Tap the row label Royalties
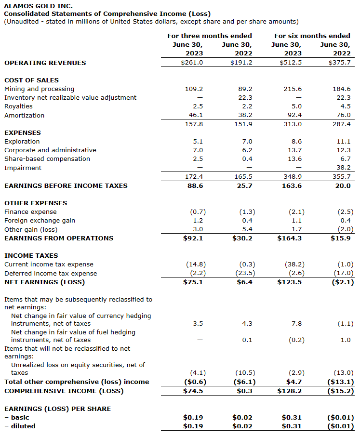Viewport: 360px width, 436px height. pyautogui.click(x=18, y=106)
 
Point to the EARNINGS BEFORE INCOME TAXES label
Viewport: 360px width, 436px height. pyautogui.click(x=66, y=185)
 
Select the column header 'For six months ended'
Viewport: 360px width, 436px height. pyautogui.click(x=312, y=36)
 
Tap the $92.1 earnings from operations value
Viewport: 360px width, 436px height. pyautogui.click(x=194, y=238)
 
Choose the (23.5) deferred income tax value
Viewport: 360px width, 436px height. pyautogui.click(x=246, y=273)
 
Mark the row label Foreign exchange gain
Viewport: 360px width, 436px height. pyautogui.click(x=40, y=220)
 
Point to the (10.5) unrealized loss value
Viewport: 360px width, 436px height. pyautogui.click(x=246, y=372)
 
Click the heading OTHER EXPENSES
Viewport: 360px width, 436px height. pyautogui.click(x=36, y=203)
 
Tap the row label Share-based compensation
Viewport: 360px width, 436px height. pyautogui.click(x=47, y=159)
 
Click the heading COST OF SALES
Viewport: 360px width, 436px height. pyautogui.click(x=31, y=80)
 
